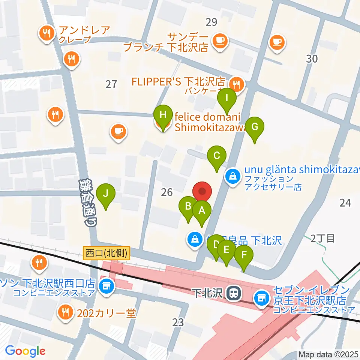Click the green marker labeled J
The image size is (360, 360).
pos(106,194)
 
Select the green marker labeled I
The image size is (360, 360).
pos(227,98)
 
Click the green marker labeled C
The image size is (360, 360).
pos(217,156)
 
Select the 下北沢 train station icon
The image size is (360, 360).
pos(233,293)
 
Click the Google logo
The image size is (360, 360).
pos(25,351)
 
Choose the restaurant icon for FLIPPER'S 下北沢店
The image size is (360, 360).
pos(237,84)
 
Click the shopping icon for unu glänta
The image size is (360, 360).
pos(233,176)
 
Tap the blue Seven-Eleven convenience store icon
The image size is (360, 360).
pos(261,298)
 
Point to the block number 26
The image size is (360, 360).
pos(166,192)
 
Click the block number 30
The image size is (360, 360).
pos(312,58)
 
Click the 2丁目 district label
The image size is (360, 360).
pos(323,238)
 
